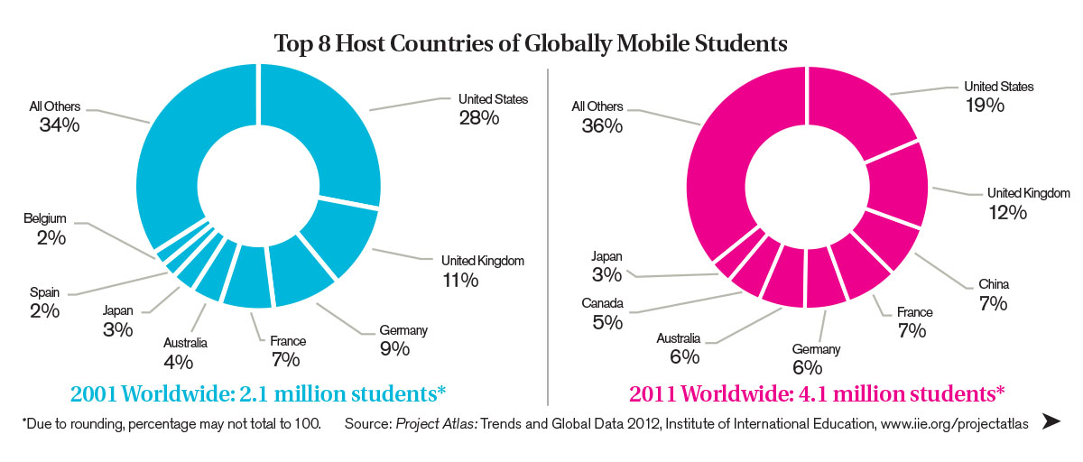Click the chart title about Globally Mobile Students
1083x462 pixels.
click(532, 42)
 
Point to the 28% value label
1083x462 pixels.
click(478, 118)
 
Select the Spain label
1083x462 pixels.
click(42, 291)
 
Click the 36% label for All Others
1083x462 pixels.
click(602, 126)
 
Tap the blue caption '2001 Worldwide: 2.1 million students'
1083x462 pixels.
click(258, 394)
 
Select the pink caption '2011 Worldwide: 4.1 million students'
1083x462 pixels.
click(817, 394)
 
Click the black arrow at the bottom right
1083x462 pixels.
click(1051, 421)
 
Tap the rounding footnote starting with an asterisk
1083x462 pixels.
click(171, 422)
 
